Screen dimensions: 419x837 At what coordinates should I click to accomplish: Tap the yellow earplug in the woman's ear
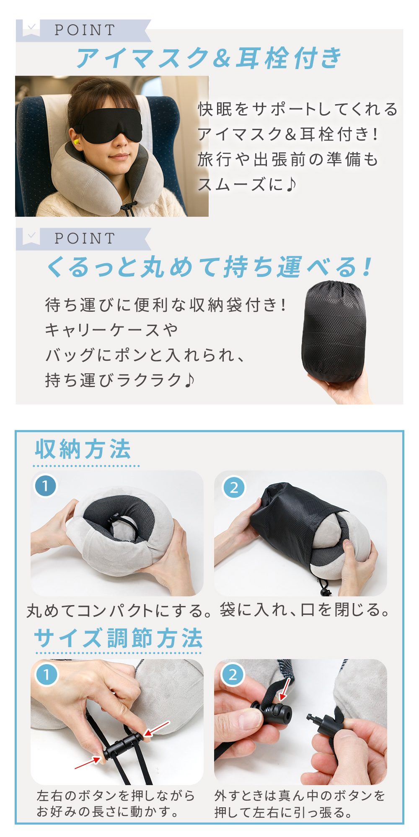pos(76,145)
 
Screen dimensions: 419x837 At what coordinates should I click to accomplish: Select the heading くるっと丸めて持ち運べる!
pos(209,267)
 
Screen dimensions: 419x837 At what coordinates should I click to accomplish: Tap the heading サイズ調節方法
pos(118,638)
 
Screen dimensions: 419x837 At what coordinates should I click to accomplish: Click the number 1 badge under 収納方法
pos(45,486)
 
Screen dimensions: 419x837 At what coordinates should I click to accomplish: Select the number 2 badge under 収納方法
pos(234,487)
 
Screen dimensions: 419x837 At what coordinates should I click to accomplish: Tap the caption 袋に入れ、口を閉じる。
pos(305,610)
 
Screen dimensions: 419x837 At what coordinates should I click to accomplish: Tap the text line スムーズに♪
pos(247,184)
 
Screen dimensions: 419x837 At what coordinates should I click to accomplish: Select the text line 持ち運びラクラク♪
pos(120,380)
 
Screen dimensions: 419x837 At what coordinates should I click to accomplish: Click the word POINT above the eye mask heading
pos(85,30)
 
